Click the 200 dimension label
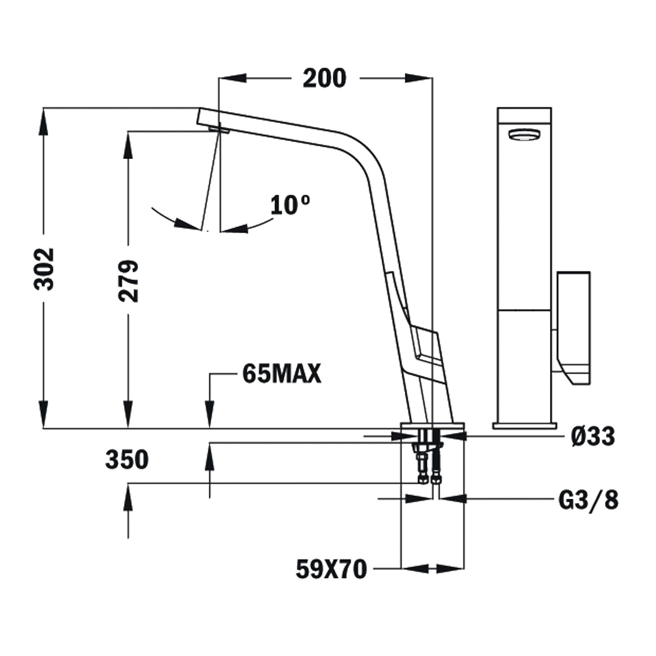tap(325, 79)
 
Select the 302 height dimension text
tap(44, 269)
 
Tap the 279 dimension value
tap(128, 281)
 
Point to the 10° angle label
tap(291, 205)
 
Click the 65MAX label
tap(282, 374)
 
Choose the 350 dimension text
tap(127, 459)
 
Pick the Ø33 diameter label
tap(593, 436)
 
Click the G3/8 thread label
tap(589, 500)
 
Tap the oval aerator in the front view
tap(524, 135)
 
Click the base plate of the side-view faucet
tap(433, 426)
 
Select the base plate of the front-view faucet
tap(525, 425)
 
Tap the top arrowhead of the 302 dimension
tap(44, 122)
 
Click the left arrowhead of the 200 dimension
tap(232, 78)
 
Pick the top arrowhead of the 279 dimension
tap(128, 145)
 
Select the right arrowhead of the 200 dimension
tap(419, 78)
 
